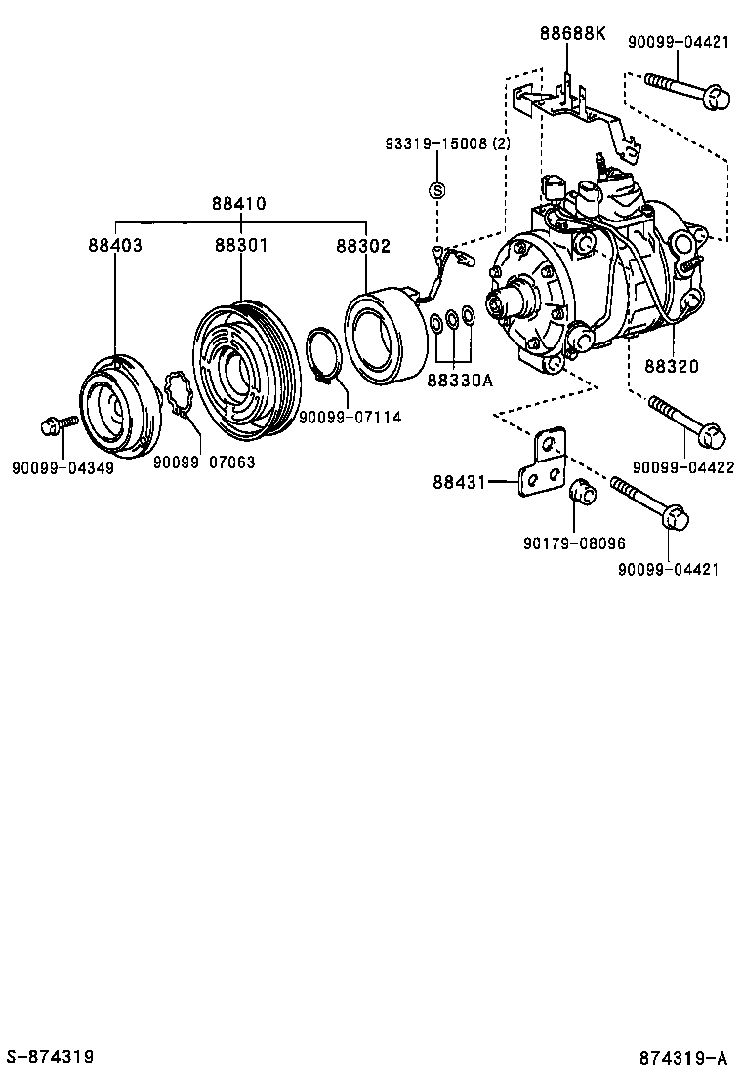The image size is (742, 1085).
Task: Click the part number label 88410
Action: (240, 204)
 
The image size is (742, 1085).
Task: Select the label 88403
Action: (114, 246)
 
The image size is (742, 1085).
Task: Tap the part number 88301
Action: (240, 246)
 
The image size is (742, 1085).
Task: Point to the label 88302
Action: (363, 246)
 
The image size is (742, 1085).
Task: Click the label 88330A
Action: (459, 381)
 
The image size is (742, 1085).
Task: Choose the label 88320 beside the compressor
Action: (671, 368)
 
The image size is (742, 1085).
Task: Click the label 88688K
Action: (572, 34)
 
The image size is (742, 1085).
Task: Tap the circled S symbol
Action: (438, 189)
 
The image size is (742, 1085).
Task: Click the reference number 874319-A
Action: (684, 1057)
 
